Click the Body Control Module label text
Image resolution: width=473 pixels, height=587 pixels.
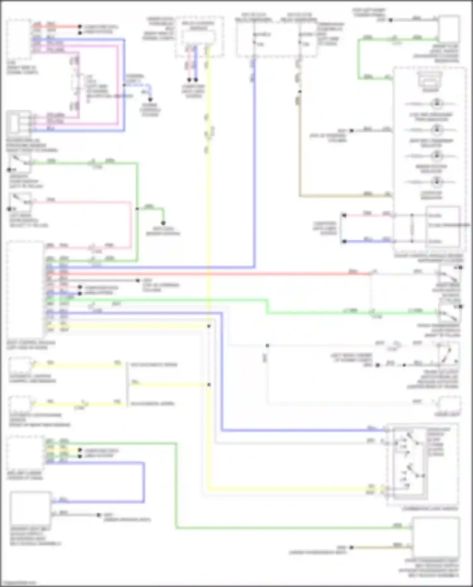[31, 345]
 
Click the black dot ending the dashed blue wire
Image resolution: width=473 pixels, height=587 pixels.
[150, 100]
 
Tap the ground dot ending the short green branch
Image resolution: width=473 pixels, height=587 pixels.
[163, 223]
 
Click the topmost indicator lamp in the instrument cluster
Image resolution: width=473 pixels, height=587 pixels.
[437, 103]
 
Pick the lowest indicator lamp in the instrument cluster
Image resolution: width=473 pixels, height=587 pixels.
[437, 182]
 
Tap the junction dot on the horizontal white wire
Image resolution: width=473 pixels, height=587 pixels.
[267, 346]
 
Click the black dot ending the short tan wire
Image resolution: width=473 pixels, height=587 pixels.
[352, 547]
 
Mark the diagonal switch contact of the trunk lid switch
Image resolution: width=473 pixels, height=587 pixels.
[447, 355]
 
